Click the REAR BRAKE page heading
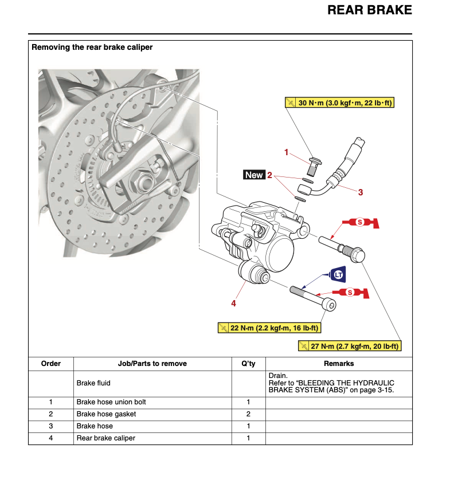(369, 10)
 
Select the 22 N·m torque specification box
(269, 328)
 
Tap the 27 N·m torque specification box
(349, 346)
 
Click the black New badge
(253, 175)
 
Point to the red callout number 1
(287, 152)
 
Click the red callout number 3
(361, 192)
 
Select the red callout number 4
(233, 303)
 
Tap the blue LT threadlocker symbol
(339, 275)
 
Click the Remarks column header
(339, 364)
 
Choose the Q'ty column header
(248, 364)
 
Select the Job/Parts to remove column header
(152, 364)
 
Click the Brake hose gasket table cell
(106, 414)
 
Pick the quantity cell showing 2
(248, 414)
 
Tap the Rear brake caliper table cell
(105, 438)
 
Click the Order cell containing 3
(51, 426)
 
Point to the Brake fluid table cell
(93, 383)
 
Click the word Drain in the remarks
(277, 375)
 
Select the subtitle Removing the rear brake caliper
(92, 48)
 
